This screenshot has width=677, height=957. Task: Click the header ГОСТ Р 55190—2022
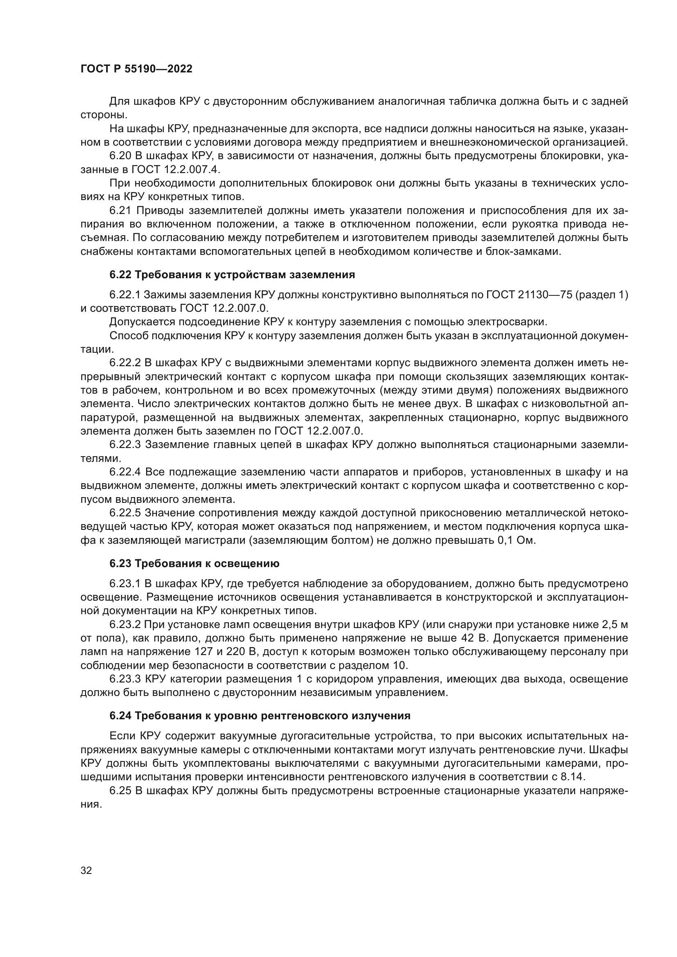[x=136, y=69]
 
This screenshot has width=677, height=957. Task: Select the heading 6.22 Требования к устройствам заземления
[x=232, y=275]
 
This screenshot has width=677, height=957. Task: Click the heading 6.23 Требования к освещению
[x=194, y=563]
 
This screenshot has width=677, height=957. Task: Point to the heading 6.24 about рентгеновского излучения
[x=260, y=716]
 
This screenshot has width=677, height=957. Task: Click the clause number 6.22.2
[x=126, y=363]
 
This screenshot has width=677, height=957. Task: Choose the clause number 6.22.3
[x=126, y=444]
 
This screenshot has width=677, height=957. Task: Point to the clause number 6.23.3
[x=126, y=679]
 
